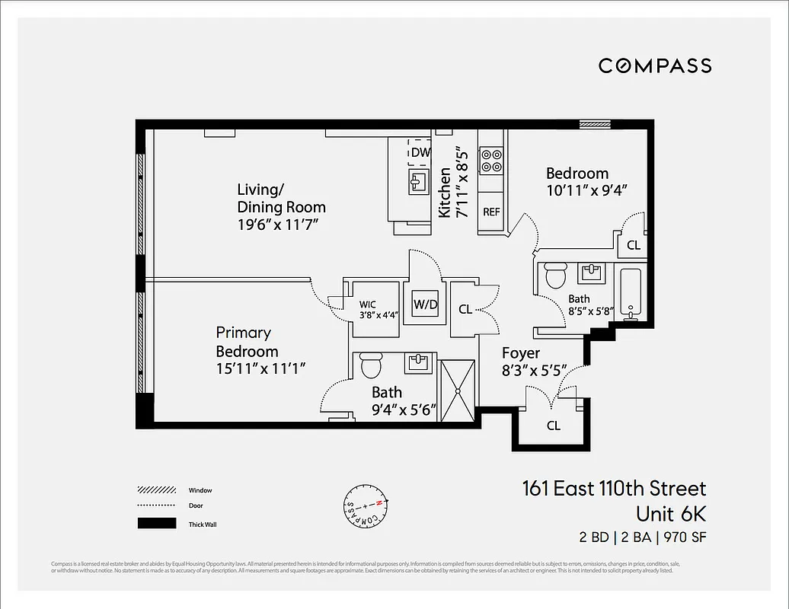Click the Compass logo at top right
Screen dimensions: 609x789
click(655, 65)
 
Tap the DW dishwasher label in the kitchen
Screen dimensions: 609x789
click(420, 153)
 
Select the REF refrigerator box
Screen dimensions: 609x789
click(491, 212)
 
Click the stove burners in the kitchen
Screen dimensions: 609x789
click(491, 161)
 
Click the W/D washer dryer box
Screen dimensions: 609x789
click(425, 305)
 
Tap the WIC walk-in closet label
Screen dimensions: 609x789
click(368, 304)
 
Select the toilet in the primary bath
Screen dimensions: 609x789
click(371, 365)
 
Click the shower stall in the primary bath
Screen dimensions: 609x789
click(458, 388)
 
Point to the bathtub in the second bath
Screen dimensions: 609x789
click(631, 294)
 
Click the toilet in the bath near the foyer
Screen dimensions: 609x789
click(555, 275)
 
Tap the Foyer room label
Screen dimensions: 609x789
click(521, 353)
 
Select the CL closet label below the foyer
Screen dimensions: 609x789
click(554, 426)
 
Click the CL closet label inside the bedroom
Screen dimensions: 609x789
click(633, 246)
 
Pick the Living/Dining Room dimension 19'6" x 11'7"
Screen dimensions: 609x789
click(276, 225)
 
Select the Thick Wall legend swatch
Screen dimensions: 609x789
click(156, 524)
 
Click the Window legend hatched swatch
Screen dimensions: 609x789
click(156, 490)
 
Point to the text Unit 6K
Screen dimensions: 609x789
click(670, 513)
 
